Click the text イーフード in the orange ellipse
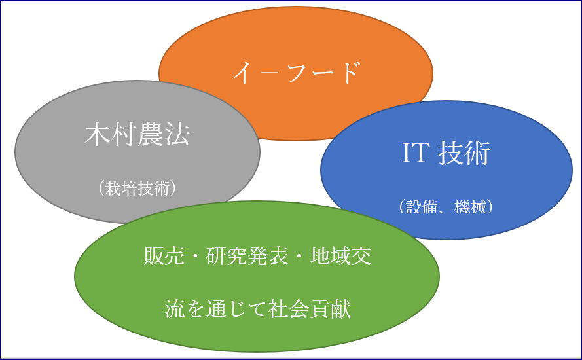coord(297,73)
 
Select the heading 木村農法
coord(137,134)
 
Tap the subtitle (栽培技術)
coord(137,188)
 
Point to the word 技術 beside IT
coord(464,153)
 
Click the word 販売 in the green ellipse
coord(164,256)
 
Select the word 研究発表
coord(247,256)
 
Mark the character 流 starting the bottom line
coord(175,309)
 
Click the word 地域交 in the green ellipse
coord(340,256)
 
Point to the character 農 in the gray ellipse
coord(151,134)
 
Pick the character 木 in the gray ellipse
coord(98,134)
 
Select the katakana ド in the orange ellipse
coord(350,73)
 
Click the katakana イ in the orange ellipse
coord(243,73)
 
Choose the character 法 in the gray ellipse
coord(177,134)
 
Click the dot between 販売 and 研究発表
coord(195,256)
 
